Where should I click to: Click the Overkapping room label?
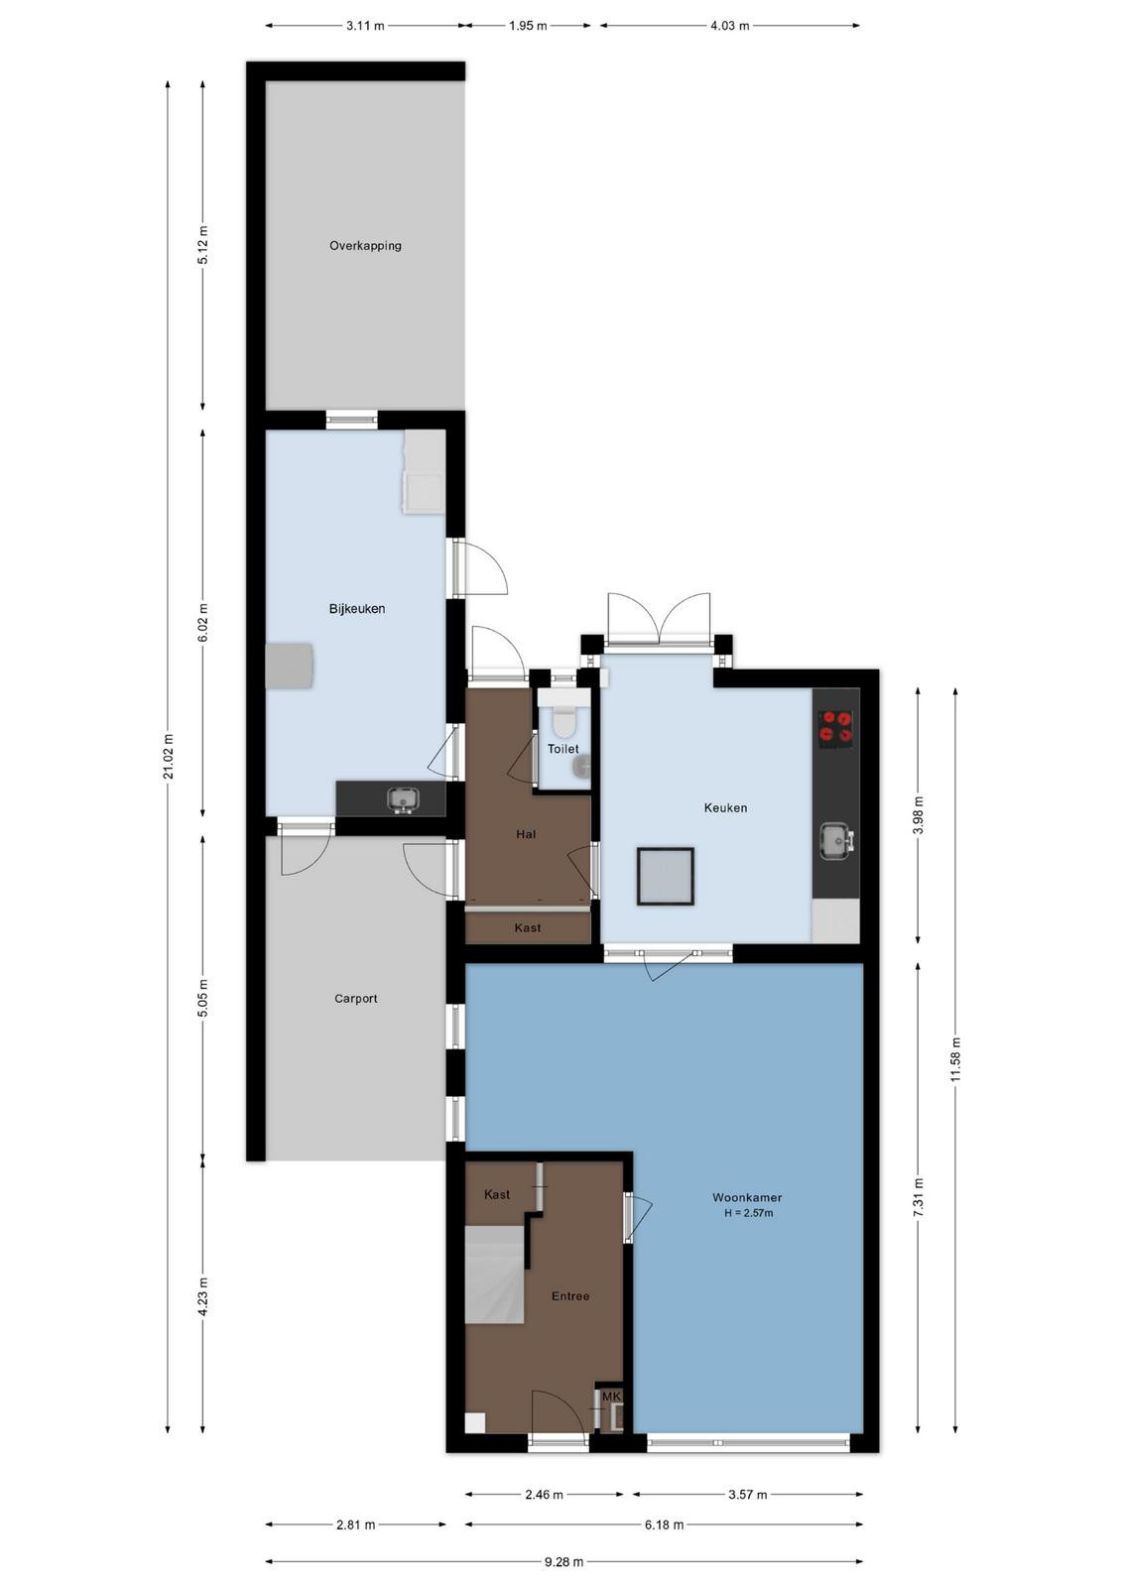pyautogui.click(x=365, y=246)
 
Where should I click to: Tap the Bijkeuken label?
pyautogui.click(x=356, y=609)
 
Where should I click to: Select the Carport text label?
pyautogui.click(x=356, y=998)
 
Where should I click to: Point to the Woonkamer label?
pyautogui.click(x=747, y=1197)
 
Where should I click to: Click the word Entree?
pyautogui.click(x=570, y=1295)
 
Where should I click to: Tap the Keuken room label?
pyautogui.click(x=725, y=807)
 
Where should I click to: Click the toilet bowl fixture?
pyautogui.click(x=564, y=720)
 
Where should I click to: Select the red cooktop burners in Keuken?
pyautogui.click(x=836, y=729)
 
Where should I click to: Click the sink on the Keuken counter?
pyautogui.click(x=836, y=841)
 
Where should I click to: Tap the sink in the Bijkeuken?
pyautogui.click(x=403, y=800)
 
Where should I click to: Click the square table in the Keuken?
pyautogui.click(x=665, y=877)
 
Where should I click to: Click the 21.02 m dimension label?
pyautogui.click(x=168, y=757)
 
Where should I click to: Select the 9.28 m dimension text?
pyautogui.click(x=563, y=1561)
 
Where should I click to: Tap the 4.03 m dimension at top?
pyautogui.click(x=729, y=26)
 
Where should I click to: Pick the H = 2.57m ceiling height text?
pyautogui.click(x=748, y=1212)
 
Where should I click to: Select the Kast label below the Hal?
pyautogui.click(x=527, y=927)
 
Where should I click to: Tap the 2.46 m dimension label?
pyautogui.click(x=544, y=1494)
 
